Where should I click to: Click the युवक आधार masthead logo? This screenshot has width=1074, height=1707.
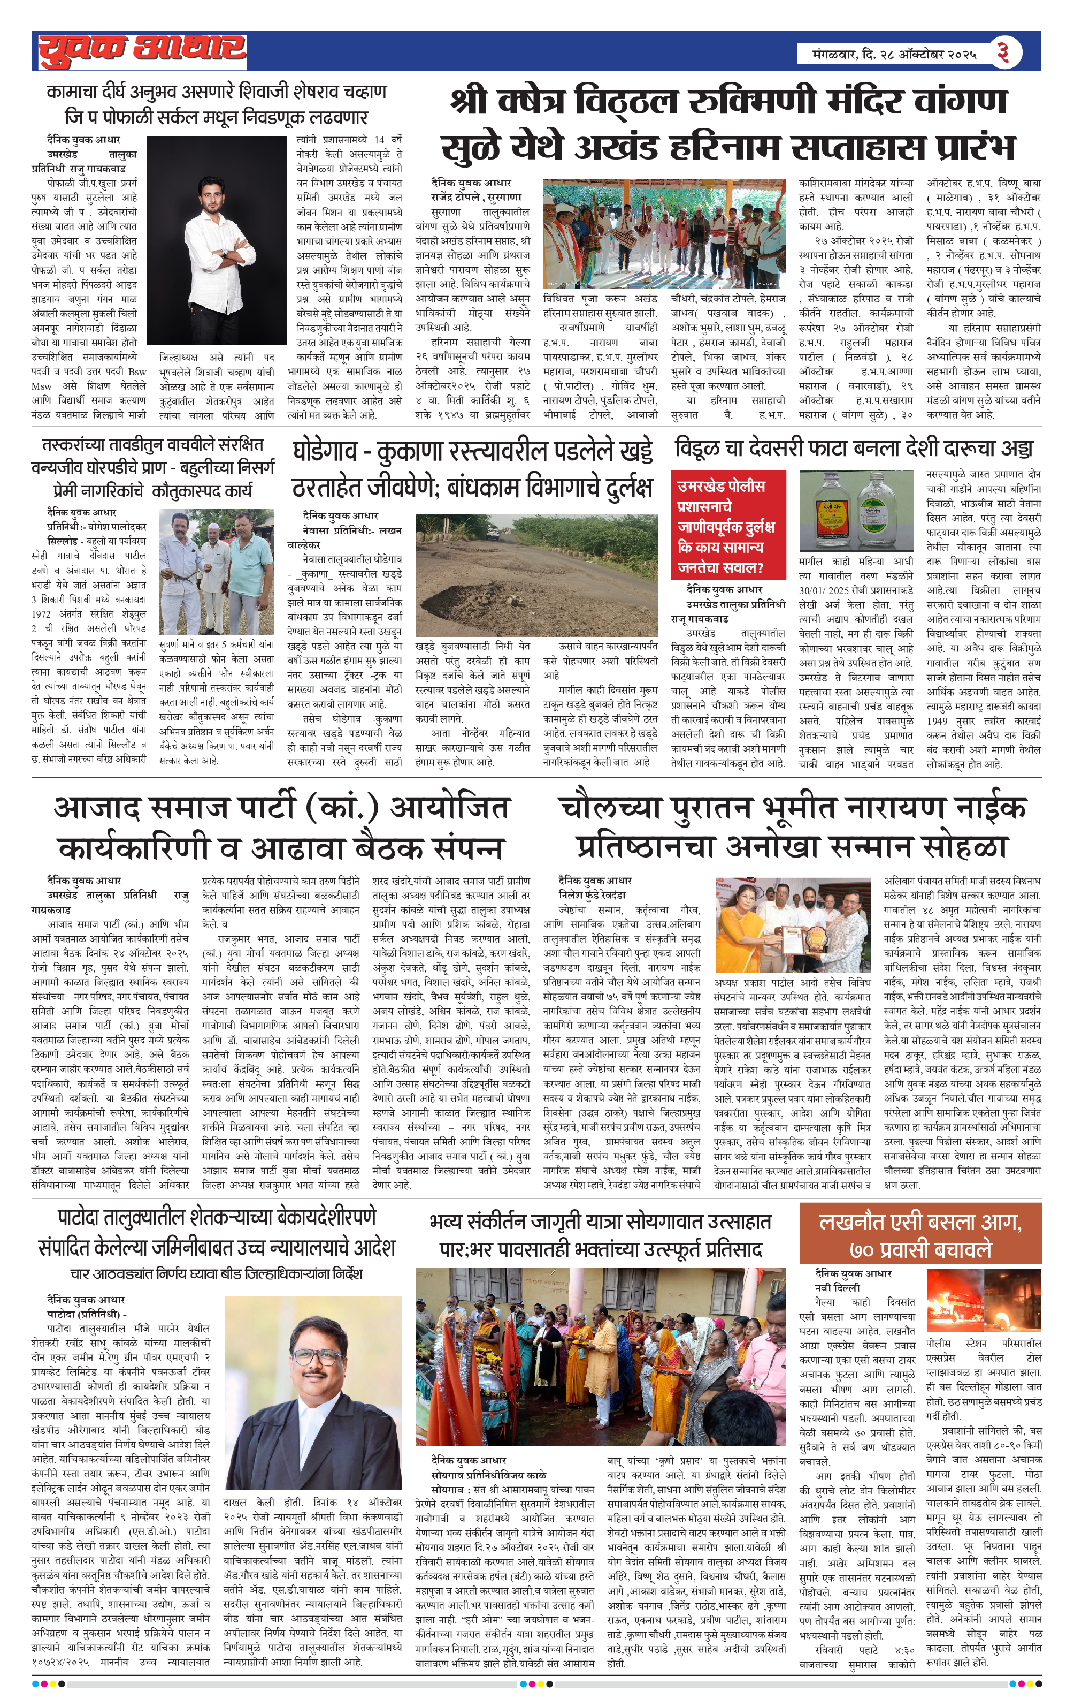point(142,51)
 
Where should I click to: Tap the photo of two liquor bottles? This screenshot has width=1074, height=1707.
point(856,511)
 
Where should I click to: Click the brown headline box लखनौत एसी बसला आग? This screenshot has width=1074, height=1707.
point(919,1233)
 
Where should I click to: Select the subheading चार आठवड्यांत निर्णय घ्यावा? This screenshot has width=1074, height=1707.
point(216,1274)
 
